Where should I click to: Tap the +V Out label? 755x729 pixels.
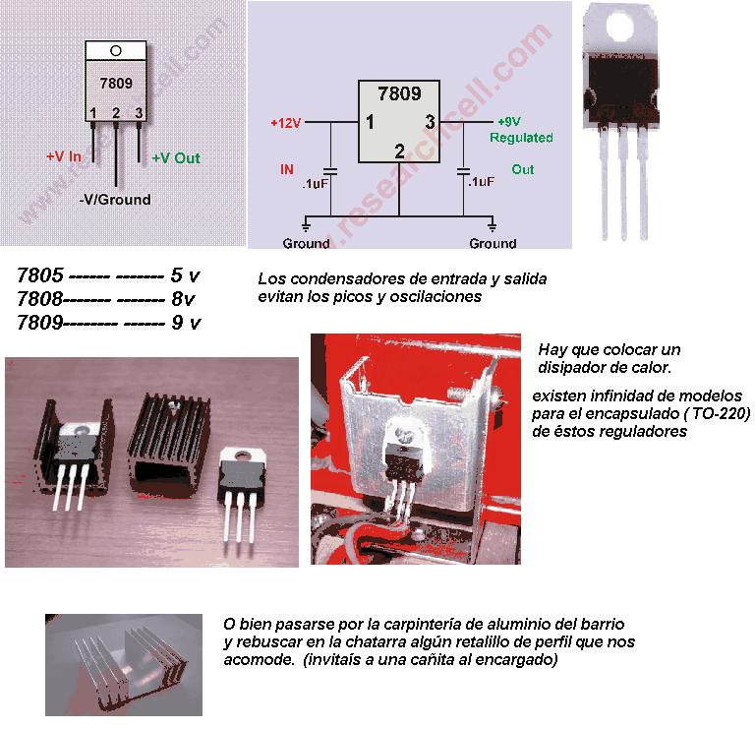tap(176, 157)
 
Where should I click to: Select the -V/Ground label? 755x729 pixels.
tap(115, 200)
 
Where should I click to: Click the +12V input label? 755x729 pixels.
tap(286, 123)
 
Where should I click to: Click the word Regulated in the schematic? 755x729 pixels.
tap(521, 138)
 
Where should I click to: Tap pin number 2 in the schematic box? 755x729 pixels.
tap(399, 152)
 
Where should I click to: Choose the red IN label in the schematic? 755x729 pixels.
tap(287, 169)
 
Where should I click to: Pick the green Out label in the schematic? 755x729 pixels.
tap(523, 169)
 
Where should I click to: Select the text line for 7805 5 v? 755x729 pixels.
tap(108, 276)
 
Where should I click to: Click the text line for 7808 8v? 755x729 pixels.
tap(108, 298)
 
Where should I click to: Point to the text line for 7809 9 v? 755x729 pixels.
tap(108, 321)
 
